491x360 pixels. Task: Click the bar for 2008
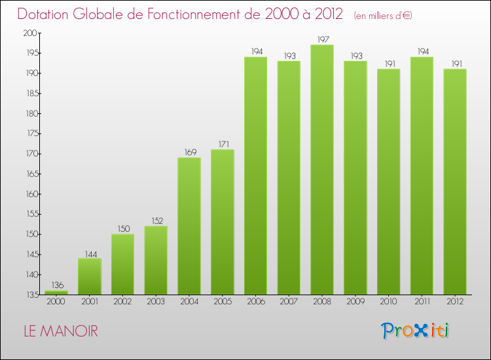(x=322, y=170)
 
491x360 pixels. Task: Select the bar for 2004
(x=189, y=226)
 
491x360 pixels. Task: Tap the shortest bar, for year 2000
(x=56, y=293)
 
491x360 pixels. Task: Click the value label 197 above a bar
(x=322, y=39)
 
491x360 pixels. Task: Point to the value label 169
(x=189, y=152)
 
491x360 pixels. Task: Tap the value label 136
(x=56, y=285)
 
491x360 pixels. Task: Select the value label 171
(x=223, y=144)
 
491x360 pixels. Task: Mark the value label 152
(x=156, y=221)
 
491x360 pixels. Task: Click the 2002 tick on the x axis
(x=122, y=302)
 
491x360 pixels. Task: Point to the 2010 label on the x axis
(x=388, y=302)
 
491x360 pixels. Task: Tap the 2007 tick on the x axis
(x=289, y=302)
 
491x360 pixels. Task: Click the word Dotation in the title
(x=45, y=14)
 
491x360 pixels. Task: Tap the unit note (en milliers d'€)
(x=383, y=15)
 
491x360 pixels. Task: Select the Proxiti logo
(x=416, y=331)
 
